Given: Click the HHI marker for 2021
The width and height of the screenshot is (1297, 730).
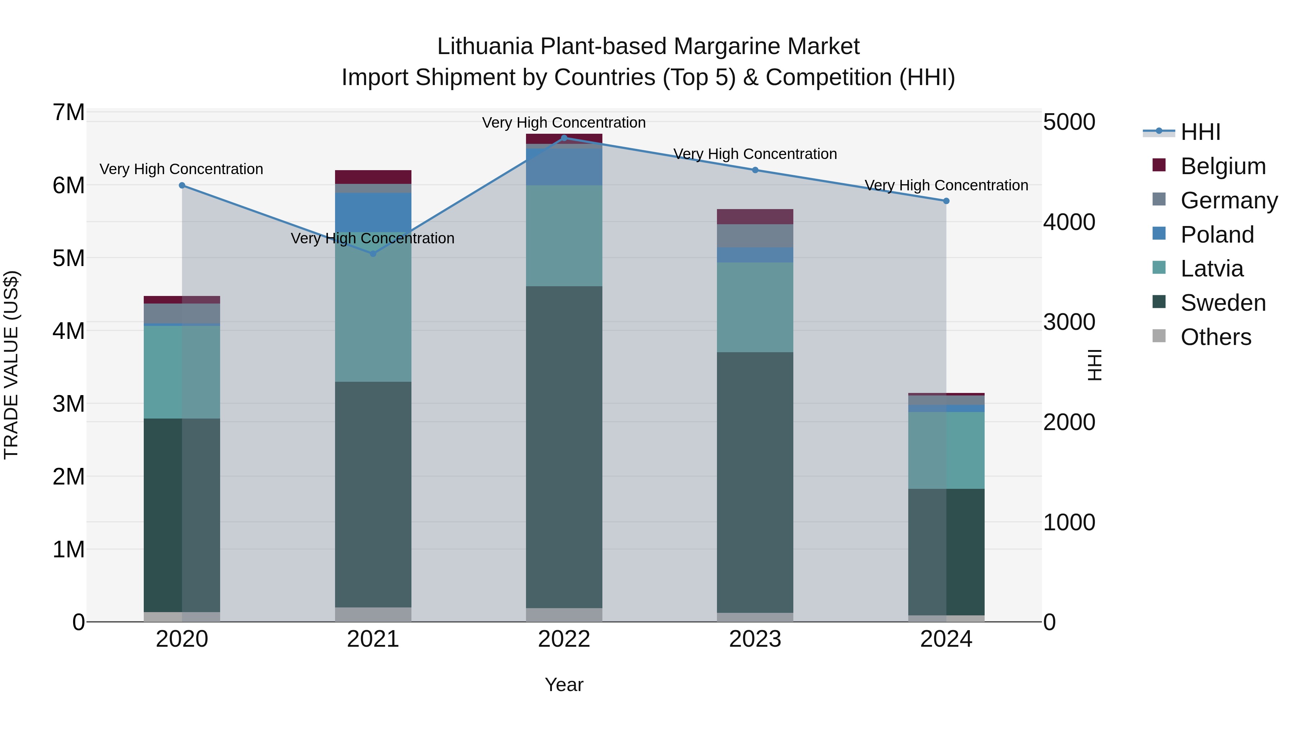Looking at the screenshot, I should pyautogui.click(x=373, y=253).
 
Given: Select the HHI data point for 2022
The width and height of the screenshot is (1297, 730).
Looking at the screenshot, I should pyautogui.click(x=564, y=138).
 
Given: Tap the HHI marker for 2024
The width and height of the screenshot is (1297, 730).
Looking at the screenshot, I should pyautogui.click(x=946, y=201).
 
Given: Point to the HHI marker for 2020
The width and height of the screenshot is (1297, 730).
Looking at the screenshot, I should pyautogui.click(x=182, y=185).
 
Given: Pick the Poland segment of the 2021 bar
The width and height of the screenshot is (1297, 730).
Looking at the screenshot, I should pyautogui.click(x=373, y=212).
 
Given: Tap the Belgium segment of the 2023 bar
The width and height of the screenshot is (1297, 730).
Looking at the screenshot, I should pyautogui.click(x=755, y=217).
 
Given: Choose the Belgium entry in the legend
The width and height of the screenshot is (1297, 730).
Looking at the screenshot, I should pyautogui.click(x=1222, y=166).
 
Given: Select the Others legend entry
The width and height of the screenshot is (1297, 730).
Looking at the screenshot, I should pyautogui.click(x=1216, y=337).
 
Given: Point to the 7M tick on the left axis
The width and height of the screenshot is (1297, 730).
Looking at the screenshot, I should pyautogui.click(x=69, y=112).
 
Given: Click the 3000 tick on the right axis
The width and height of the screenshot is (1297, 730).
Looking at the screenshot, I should pyautogui.click(x=1069, y=322).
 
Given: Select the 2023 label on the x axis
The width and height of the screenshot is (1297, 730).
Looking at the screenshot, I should pyautogui.click(x=755, y=639).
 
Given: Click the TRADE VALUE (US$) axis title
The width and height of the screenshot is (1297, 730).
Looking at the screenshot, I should pyautogui.click(x=11, y=365).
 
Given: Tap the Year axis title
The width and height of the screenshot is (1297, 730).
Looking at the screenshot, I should pyautogui.click(x=564, y=685).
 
